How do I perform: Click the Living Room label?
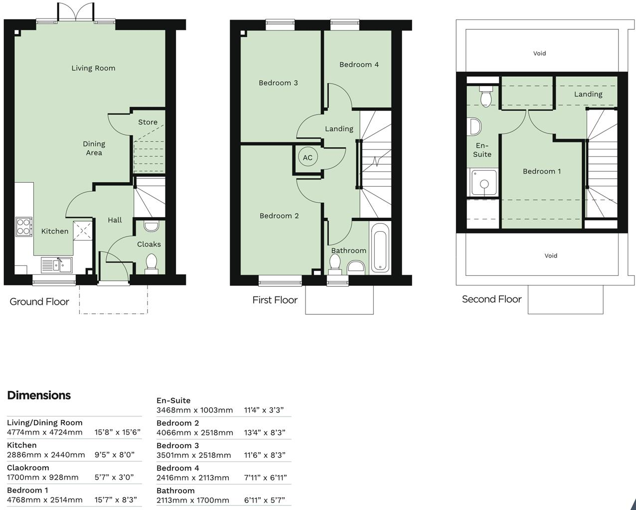[93, 68]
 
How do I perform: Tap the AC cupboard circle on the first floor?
[308, 157]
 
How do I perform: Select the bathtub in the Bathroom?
[380, 248]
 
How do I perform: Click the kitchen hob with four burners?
[23, 226]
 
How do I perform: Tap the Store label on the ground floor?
[148, 122]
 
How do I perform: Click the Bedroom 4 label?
[359, 64]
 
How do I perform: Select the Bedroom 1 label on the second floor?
[541, 171]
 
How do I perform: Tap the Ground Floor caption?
[39, 301]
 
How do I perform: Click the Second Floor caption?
[491, 299]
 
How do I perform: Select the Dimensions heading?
[39, 395]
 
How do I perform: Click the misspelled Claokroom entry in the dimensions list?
[28, 468]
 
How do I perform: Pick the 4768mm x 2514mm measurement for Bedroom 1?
[45, 500]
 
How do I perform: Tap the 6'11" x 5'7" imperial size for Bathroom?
[264, 500]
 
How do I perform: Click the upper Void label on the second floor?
[539, 53]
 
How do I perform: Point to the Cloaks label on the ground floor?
[149, 244]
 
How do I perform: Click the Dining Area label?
[94, 148]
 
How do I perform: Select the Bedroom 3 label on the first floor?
[278, 83]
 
